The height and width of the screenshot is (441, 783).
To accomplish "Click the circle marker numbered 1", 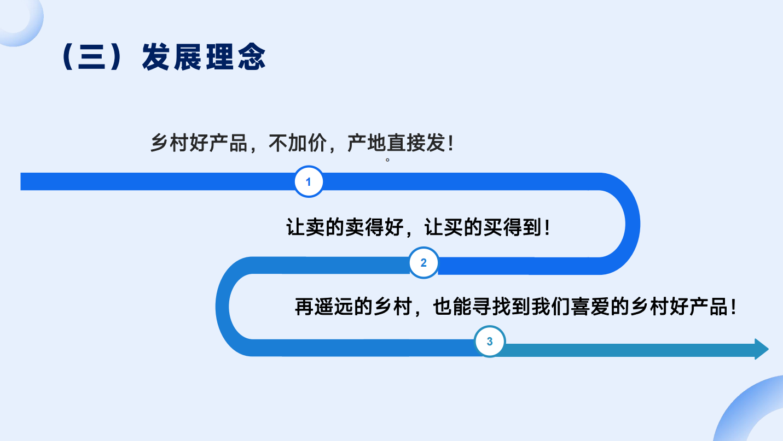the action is click(308, 181).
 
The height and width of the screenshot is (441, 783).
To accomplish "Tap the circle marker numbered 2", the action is click(424, 262).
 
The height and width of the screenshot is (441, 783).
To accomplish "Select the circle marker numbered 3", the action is click(489, 341).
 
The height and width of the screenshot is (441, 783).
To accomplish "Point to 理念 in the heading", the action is click(236, 57).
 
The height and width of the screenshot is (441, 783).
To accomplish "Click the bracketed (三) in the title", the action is click(91, 57).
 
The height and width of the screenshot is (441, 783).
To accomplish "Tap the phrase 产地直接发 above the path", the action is click(396, 143).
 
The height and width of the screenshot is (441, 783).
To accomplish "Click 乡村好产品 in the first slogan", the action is click(199, 143).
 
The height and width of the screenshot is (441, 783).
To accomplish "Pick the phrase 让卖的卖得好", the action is click(345, 227).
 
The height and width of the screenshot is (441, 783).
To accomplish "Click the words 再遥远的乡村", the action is click(353, 307).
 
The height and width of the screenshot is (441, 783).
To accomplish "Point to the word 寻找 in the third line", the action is click(492, 307).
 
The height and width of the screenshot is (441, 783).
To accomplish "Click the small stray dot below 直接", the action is click(387, 160).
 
